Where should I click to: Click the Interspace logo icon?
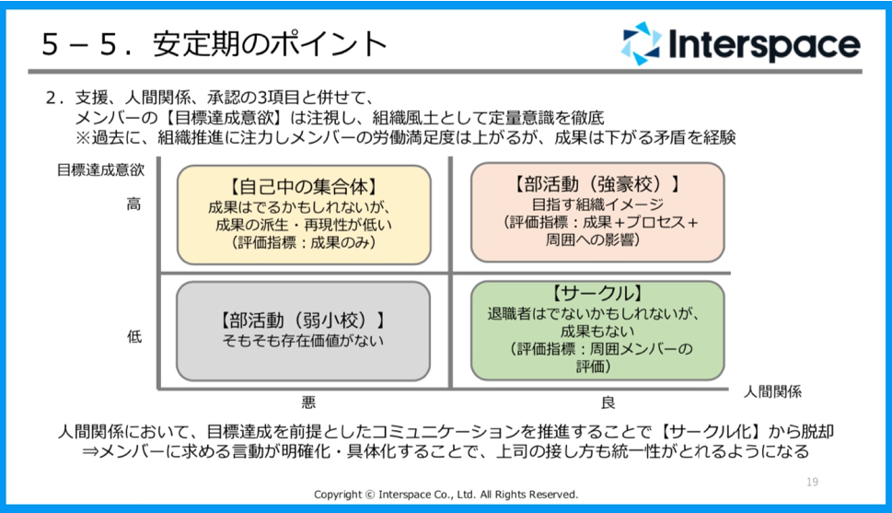coord(641,43)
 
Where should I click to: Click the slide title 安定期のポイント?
coord(271,44)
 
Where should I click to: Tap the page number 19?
coord(812,483)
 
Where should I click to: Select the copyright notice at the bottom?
coord(446,495)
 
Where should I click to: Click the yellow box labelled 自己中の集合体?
coord(304,215)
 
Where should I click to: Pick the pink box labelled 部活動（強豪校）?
coord(597,212)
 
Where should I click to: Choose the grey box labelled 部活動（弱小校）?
coord(303,331)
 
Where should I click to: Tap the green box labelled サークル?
coord(597,331)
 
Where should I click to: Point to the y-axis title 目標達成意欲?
coord(100,169)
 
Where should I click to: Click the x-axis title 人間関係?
coord(772,391)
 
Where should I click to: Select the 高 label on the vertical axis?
coord(133,204)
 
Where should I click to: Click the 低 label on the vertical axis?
coord(134,336)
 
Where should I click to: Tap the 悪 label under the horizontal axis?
coord(308,403)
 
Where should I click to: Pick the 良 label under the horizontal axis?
coord(608,403)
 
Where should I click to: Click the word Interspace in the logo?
coord(764,44)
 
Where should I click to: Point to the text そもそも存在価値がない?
coord(303,341)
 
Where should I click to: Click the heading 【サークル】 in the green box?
coord(597,294)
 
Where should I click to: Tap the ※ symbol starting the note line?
coord(84,137)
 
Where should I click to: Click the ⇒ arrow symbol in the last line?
coord(90,452)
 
